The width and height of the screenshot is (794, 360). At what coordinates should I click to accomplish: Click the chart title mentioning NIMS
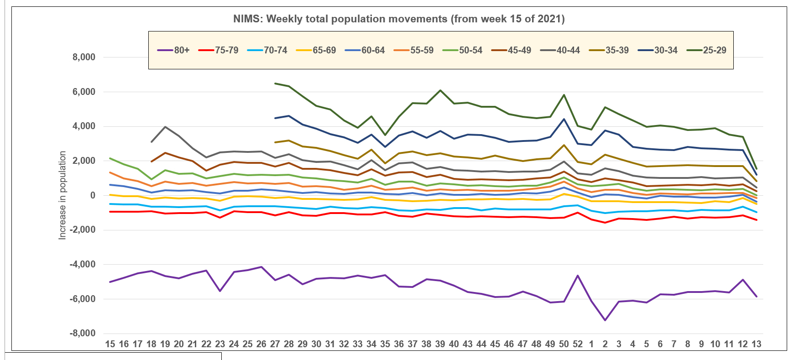tap(399, 19)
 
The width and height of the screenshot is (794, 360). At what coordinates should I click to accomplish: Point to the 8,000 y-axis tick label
tap(84, 57)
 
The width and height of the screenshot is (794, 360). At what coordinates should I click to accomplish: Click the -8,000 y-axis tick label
tap(83, 334)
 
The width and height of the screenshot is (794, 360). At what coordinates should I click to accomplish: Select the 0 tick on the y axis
tap(93, 195)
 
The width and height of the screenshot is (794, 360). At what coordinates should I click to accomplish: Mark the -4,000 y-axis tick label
tap(83, 264)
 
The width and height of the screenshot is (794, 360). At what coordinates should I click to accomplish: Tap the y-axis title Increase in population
tap(63, 195)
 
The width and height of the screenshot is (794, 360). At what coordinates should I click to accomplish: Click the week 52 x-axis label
tap(578, 344)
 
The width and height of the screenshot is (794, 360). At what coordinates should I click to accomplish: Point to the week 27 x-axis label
tap(275, 344)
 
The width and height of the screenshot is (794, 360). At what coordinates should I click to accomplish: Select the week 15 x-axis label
tap(110, 344)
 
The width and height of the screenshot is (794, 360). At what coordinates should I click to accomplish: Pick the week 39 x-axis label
tap(440, 344)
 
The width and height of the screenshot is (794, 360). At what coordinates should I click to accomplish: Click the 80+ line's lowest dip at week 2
tap(605, 320)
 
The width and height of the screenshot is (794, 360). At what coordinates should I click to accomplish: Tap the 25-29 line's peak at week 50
tap(564, 95)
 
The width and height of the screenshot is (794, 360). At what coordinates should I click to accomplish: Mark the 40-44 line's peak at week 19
tap(165, 127)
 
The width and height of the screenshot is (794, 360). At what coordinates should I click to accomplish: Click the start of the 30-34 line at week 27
tap(275, 118)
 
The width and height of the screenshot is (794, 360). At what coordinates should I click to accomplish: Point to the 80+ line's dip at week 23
tap(220, 291)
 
